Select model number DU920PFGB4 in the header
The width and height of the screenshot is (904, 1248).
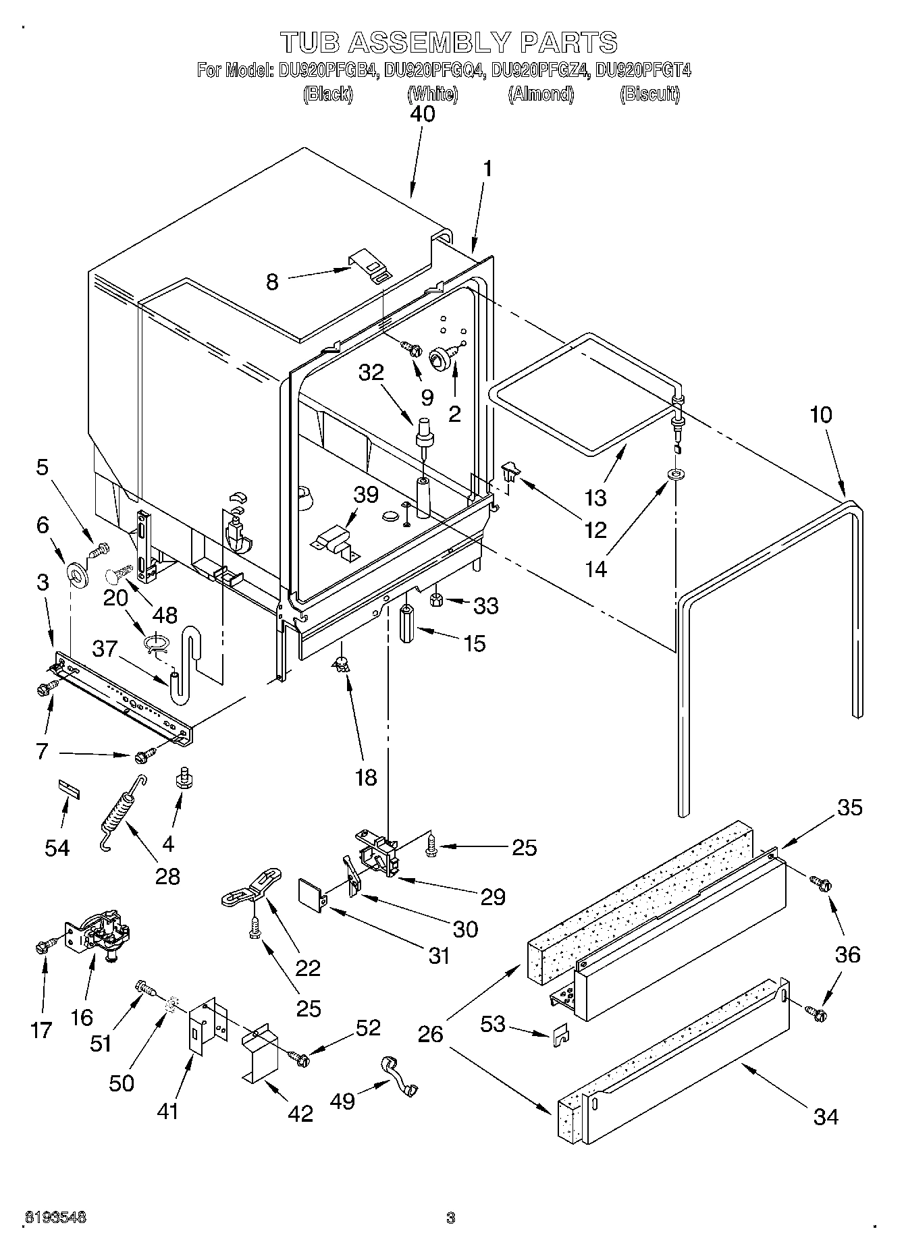click(x=326, y=70)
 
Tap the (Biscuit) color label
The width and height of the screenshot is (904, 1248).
click(x=649, y=94)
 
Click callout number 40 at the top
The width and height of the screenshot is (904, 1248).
click(x=423, y=114)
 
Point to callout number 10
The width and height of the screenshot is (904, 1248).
click(x=820, y=414)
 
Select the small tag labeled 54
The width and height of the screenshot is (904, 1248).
click(x=68, y=788)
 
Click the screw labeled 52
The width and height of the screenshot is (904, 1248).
click(x=300, y=1058)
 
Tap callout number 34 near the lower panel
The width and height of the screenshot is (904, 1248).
click(x=825, y=1116)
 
